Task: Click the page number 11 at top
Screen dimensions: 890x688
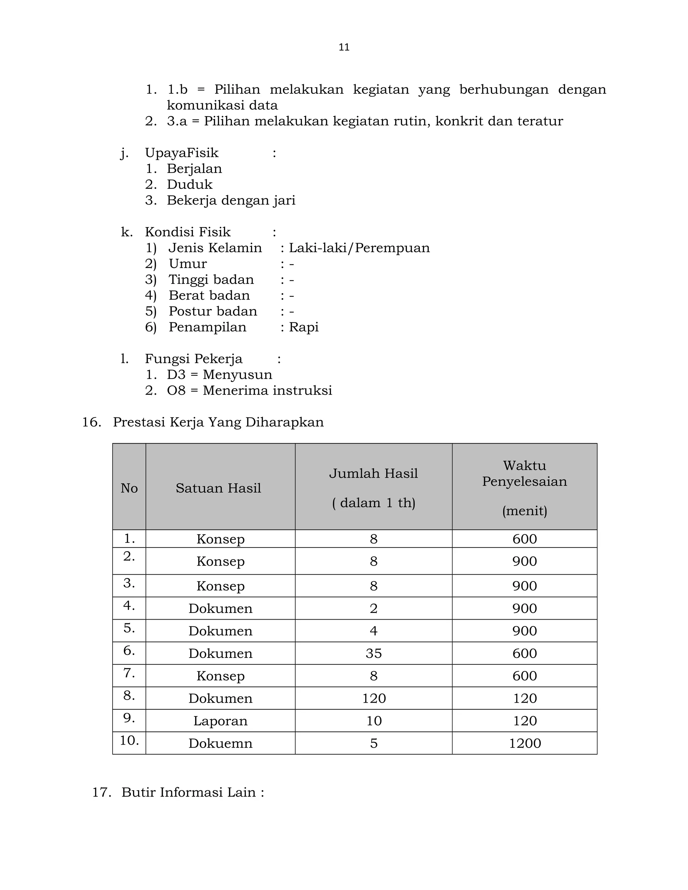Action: pos(344,47)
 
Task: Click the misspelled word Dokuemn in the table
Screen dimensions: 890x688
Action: pos(220,743)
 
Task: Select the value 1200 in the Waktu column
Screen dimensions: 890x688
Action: pos(524,743)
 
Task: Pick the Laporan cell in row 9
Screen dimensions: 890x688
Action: pos(220,720)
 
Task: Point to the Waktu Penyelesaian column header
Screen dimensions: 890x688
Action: pos(524,474)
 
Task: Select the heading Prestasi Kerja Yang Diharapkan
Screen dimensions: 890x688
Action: pos(218,422)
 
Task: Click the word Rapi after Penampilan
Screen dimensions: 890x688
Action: pos(304,327)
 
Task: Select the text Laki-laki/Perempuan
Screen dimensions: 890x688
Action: pos(359,248)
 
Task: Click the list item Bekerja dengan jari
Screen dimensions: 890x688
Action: pos(231,200)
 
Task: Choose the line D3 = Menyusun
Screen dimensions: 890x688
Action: pos(219,374)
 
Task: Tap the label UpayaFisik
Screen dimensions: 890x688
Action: pos(181,153)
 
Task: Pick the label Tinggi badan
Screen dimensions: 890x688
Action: pos(211,279)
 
